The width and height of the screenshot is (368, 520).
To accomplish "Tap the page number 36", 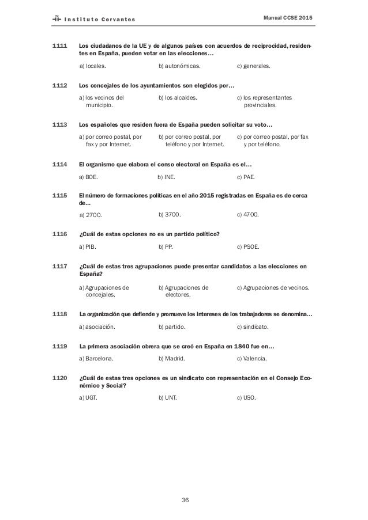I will point(185,499).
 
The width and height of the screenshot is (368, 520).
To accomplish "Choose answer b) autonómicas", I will point(179,66).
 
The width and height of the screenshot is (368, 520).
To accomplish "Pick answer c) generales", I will point(254,66).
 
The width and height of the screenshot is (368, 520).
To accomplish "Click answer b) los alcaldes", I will point(178,98).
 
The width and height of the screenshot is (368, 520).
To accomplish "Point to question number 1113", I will point(60,124).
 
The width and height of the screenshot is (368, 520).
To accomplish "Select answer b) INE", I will point(168,177).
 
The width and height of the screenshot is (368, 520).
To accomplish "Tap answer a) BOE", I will point(88,177).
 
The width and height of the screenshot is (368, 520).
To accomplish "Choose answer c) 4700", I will point(248,215).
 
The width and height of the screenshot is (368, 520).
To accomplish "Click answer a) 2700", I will point(90,215).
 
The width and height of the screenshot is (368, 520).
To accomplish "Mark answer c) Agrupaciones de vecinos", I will point(273,287).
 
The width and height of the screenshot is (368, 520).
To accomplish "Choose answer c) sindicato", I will point(253,327).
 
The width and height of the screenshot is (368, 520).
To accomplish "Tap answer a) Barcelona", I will point(96,358).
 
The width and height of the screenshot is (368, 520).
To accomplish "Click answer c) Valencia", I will point(252,358).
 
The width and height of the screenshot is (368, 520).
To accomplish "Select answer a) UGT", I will point(88,398).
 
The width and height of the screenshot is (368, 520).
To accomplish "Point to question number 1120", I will point(60,378).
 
